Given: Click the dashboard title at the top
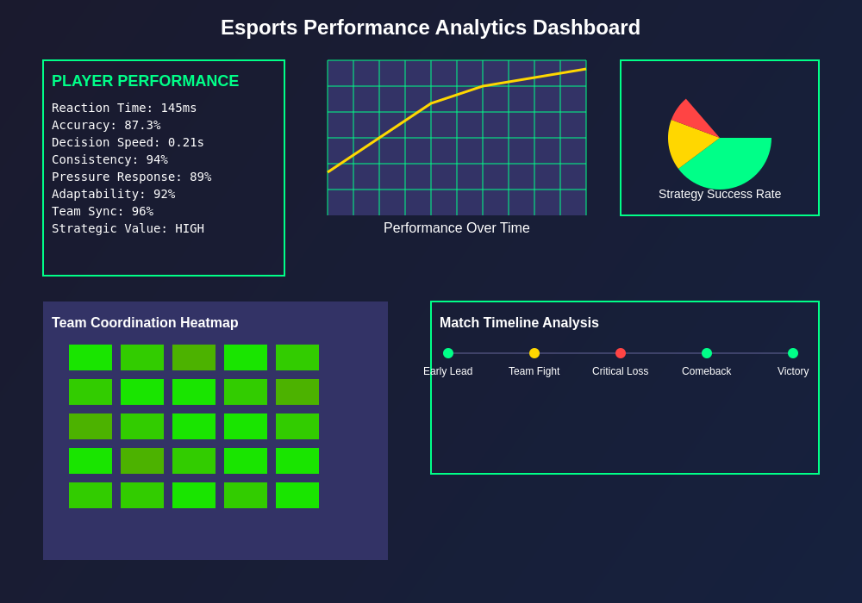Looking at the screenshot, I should pos(430,28).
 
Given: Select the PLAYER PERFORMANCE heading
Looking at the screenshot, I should pos(145,81).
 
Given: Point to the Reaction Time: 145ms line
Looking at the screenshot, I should pos(124,108).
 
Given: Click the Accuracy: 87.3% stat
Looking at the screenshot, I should pos(106,125).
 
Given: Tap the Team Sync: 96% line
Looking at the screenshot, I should pos(103,211).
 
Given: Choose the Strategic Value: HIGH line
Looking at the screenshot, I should pos(128,228).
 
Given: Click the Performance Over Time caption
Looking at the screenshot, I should pos(456,228).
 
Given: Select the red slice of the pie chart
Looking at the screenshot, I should pos(692,116).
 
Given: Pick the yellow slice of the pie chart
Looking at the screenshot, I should pos(684,142).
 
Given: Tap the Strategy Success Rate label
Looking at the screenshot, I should pos(720,194).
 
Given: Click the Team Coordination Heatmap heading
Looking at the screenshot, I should pos(145,323).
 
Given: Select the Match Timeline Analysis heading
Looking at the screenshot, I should pos(519,323).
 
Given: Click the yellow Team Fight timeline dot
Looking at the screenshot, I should pos(534,353).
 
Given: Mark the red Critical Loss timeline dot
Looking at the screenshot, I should pos(621,353).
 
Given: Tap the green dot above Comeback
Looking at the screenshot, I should pos(707,353).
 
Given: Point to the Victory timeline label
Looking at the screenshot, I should pos(793,371).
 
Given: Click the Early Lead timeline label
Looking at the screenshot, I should pos(448,371).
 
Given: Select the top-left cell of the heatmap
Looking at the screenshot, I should pos(91,357).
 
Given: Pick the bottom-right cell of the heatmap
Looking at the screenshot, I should pos(297,495).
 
